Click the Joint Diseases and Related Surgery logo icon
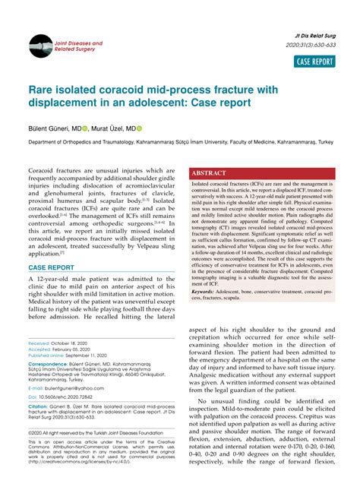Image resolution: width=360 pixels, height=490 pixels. point(40,47)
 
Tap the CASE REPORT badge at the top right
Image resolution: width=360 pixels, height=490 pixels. point(314,62)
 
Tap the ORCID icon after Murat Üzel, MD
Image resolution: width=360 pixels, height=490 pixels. point(140,128)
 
